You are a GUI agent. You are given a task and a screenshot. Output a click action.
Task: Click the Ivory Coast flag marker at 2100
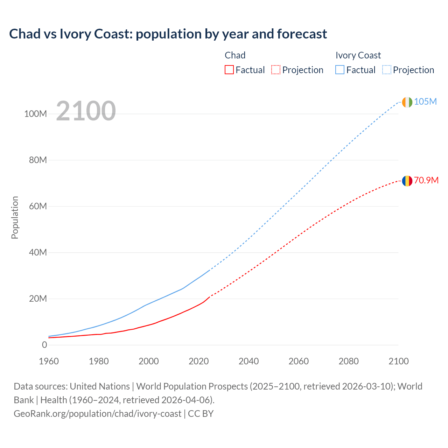407,102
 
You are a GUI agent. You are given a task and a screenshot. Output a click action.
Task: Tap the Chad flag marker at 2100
407,181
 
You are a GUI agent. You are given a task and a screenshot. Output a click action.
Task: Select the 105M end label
425,101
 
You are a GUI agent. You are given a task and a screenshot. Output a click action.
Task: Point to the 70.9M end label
426,180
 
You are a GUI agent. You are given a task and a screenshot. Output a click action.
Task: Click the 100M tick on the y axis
35,114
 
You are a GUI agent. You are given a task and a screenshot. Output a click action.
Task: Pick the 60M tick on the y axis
38,206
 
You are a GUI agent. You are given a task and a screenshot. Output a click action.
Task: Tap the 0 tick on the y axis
44,345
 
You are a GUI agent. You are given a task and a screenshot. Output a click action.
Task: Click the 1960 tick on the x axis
49,361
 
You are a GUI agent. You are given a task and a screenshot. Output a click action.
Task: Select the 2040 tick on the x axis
248,361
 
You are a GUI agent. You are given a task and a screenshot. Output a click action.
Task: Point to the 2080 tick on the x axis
349,361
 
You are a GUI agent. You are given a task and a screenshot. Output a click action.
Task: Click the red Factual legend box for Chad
229,70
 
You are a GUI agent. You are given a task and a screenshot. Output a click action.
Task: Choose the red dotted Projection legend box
276,70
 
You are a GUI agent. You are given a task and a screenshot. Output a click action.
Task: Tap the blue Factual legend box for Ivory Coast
340,70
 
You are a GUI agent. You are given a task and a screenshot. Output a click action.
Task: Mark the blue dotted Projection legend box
387,70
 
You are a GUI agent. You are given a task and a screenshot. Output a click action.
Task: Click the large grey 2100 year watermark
86,111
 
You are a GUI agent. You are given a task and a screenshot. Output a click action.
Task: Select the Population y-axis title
15,217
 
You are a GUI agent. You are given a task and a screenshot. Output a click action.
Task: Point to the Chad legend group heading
235,55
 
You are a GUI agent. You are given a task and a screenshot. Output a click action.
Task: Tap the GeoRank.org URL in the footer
97,414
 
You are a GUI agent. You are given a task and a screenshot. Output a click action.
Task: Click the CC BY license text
201,414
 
